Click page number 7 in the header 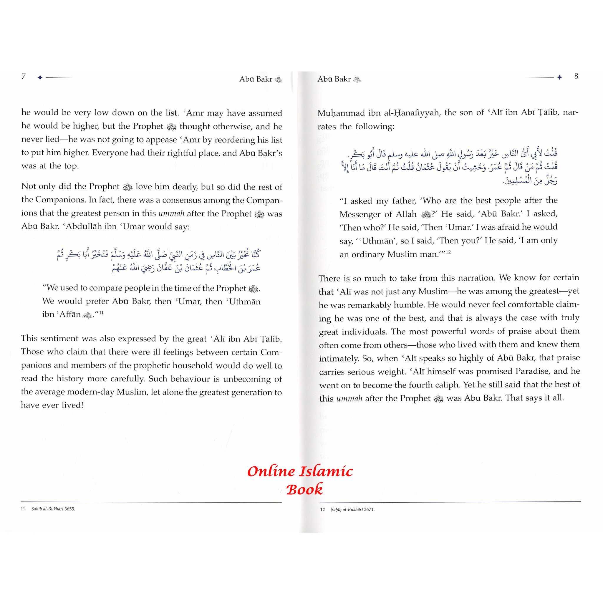[24, 77]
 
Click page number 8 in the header [576, 76]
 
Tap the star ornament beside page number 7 [40, 78]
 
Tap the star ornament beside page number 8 [559, 77]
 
